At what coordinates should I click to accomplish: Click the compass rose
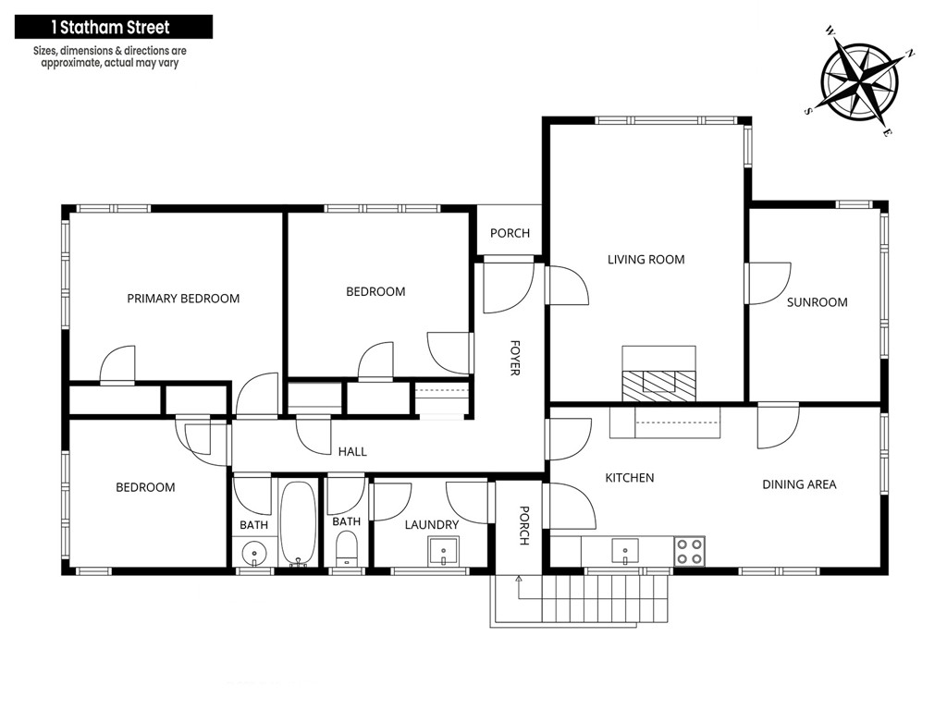point(859,81)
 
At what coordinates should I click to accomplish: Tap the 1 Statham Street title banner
point(114,27)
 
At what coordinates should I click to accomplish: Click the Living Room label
point(646,260)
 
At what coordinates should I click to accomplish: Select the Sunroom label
point(817,302)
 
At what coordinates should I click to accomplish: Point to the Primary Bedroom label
point(183,299)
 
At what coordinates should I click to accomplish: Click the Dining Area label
point(799,484)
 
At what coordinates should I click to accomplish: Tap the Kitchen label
point(629,478)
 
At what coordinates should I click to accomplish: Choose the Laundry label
point(431,525)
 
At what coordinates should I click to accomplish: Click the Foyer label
point(514,358)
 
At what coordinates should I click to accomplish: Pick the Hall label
point(352,451)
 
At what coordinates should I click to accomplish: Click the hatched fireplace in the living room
point(658,386)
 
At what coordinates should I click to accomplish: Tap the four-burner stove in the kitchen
point(689,551)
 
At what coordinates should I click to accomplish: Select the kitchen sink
point(625,551)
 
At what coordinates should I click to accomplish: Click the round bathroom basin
point(254,553)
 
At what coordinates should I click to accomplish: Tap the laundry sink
point(443,551)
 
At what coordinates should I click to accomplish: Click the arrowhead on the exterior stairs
point(518,579)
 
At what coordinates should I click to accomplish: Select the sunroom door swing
point(769,283)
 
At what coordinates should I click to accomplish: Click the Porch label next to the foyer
point(510,233)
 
